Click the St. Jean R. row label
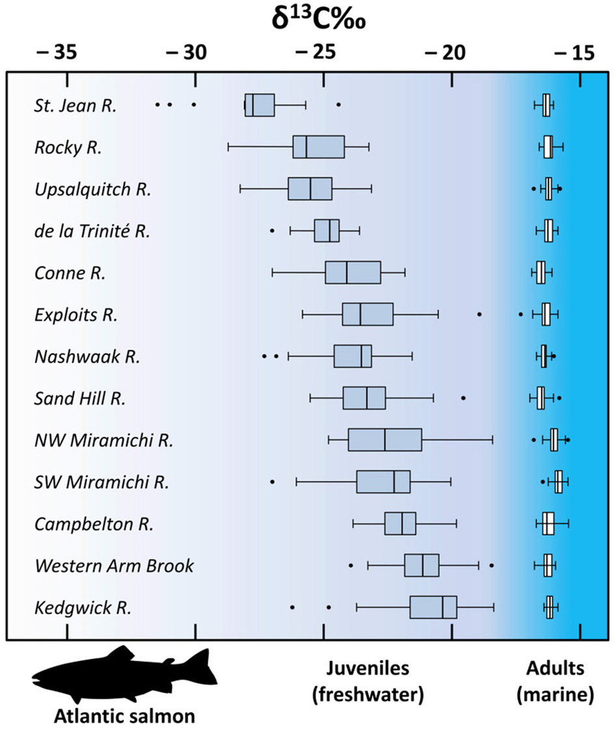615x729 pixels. (x=75, y=105)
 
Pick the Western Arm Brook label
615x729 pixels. (x=114, y=566)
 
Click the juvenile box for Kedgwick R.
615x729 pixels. (x=433, y=607)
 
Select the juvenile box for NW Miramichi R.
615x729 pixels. (x=385, y=440)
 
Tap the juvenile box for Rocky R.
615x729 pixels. (x=318, y=147)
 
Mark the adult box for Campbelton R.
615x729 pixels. (x=549, y=523)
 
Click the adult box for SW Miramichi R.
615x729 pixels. (x=558, y=482)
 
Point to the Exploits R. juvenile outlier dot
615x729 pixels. (x=480, y=314)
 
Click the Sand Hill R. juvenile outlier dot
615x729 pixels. (x=463, y=397)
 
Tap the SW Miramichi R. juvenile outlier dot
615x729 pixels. (x=272, y=482)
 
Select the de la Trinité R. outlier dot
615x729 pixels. (x=272, y=230)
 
